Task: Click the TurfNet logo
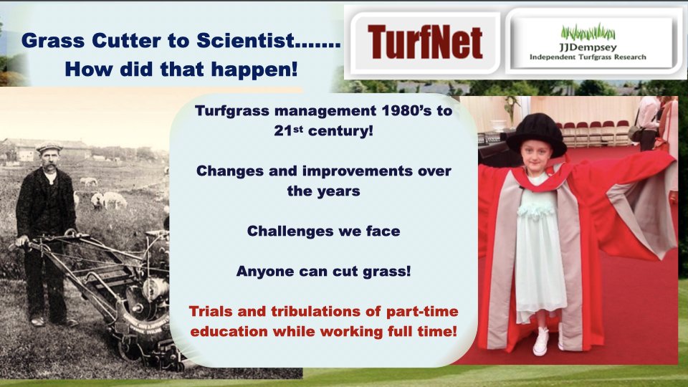[x=425, y=42]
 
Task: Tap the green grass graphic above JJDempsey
[x=588, y=32]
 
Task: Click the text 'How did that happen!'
[x=181, y=70]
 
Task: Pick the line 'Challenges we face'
[x=323, y=231]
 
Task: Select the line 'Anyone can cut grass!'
[x=323, y=271]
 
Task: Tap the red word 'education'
[x=229, y=331]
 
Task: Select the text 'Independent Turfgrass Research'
[x=588, y=57]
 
